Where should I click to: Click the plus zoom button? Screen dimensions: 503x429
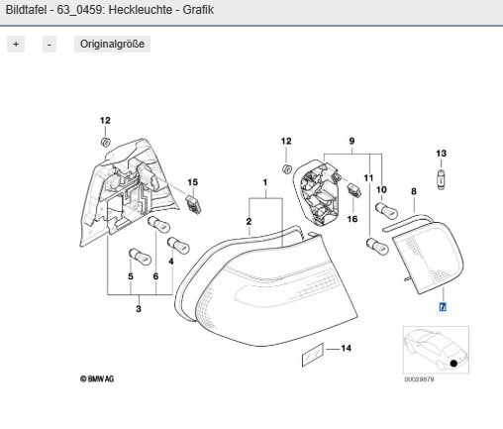click(16, 44)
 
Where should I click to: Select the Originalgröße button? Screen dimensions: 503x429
click(112, 44)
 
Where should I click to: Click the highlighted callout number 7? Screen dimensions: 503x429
click(443, 307)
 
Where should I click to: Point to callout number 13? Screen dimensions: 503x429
click(441, 154)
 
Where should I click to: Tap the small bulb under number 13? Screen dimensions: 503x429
click(442, 179)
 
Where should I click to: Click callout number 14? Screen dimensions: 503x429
click(346, 348)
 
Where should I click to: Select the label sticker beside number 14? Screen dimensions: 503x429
click(313, 355)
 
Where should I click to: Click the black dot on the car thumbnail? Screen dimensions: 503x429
click(453, 363)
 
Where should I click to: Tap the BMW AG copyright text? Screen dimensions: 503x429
click(97, 378)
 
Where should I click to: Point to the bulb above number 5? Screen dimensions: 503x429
click(140, 257)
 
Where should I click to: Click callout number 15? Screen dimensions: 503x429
click(193, 182)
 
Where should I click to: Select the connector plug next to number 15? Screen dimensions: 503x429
click(193, 204)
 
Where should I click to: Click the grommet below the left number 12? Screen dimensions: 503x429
click(105, 143)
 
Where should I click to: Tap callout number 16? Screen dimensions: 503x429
click(352, 219)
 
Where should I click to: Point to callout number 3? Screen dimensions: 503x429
click(139, 309)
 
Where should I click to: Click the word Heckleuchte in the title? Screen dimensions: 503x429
click(141, 10)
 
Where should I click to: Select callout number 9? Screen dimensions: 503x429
click(352, 142)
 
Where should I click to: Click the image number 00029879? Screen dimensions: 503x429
click(419, 379)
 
